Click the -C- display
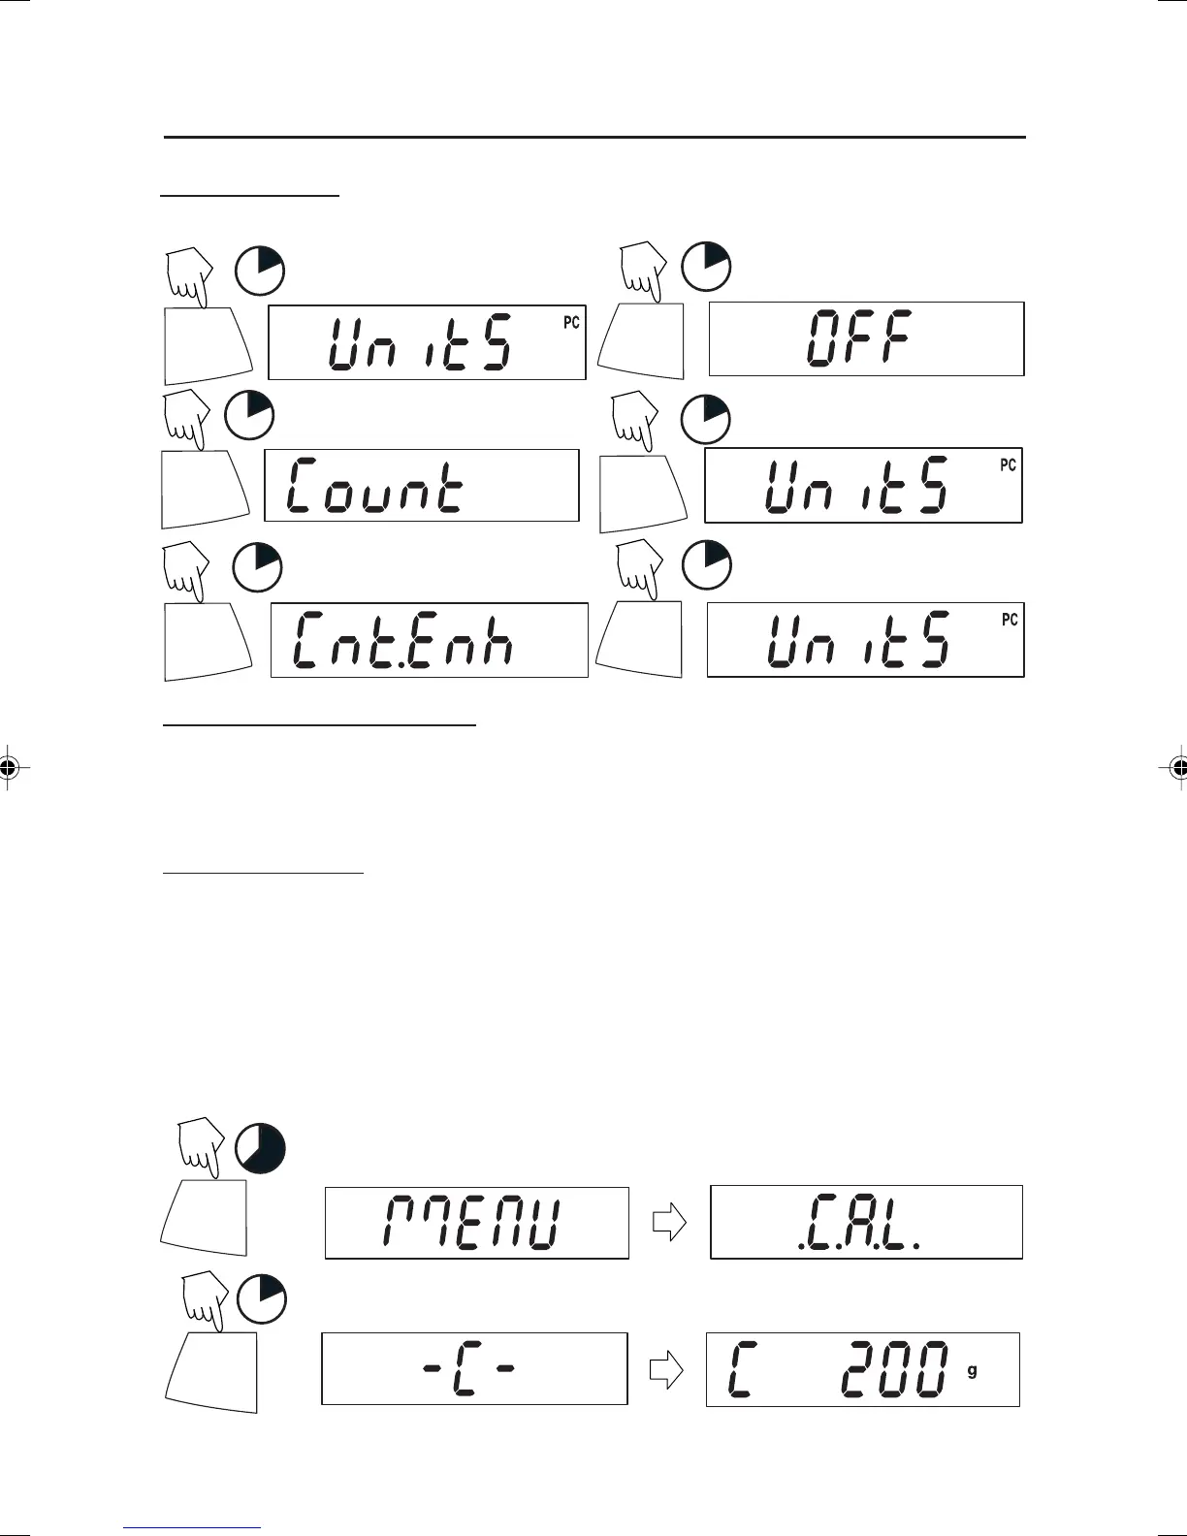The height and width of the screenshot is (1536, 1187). (474, 1369)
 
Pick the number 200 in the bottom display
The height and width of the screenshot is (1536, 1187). (893, 1369)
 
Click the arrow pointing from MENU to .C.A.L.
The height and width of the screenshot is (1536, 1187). (669, 1223)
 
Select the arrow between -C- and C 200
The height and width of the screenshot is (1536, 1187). (666, 1368)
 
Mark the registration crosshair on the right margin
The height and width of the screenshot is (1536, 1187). (1177, 767)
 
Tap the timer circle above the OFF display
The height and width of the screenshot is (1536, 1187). (706, 266)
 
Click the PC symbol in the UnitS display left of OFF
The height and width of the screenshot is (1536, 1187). (571, 322)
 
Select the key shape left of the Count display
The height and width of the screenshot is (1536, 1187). (200, 490)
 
